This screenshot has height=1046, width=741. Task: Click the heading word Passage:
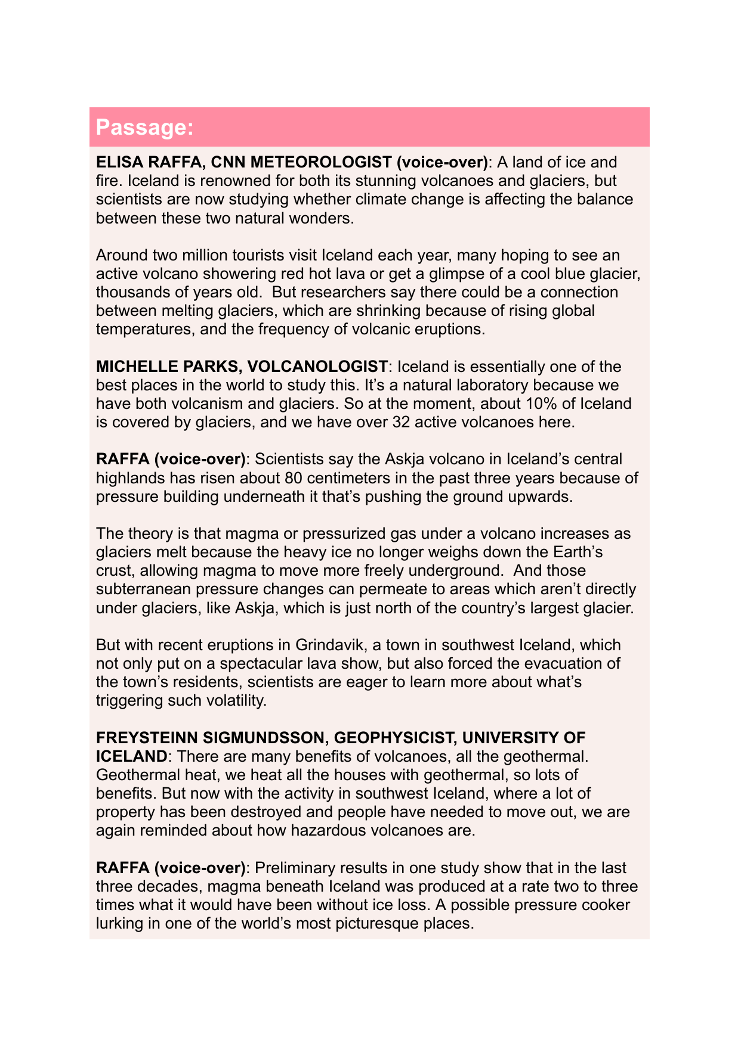(144, 128)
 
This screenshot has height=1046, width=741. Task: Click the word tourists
(246, 255)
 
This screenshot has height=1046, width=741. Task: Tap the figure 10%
(541, 403)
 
